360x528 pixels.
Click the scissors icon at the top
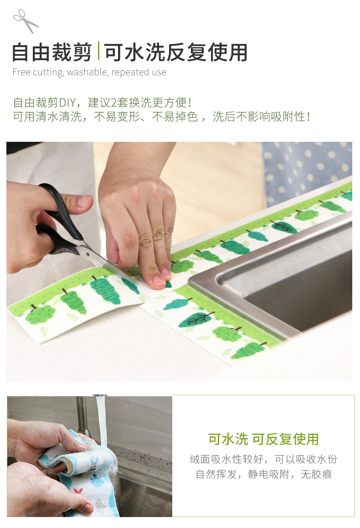pos(26,21)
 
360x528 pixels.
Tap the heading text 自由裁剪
pos(51,52)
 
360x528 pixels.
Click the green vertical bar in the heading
pos(98,51)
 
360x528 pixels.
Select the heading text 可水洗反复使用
pos(176,52)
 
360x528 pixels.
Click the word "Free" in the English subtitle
pos(21,72)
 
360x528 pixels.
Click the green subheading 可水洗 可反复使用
pos(263,439)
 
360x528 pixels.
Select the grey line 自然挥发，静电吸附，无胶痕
pos(264,474)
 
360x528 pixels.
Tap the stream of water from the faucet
pos(103,424)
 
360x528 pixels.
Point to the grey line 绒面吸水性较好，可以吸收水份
pos(263,459)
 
